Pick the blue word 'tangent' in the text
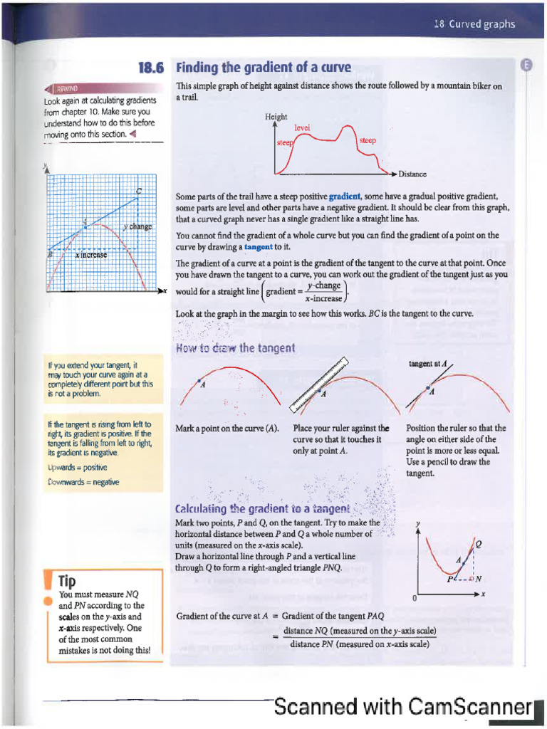(258, 246)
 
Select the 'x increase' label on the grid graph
(90, 254)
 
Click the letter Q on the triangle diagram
(478, 545)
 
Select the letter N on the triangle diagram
(479, 578)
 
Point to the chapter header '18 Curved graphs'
(474, 24)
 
